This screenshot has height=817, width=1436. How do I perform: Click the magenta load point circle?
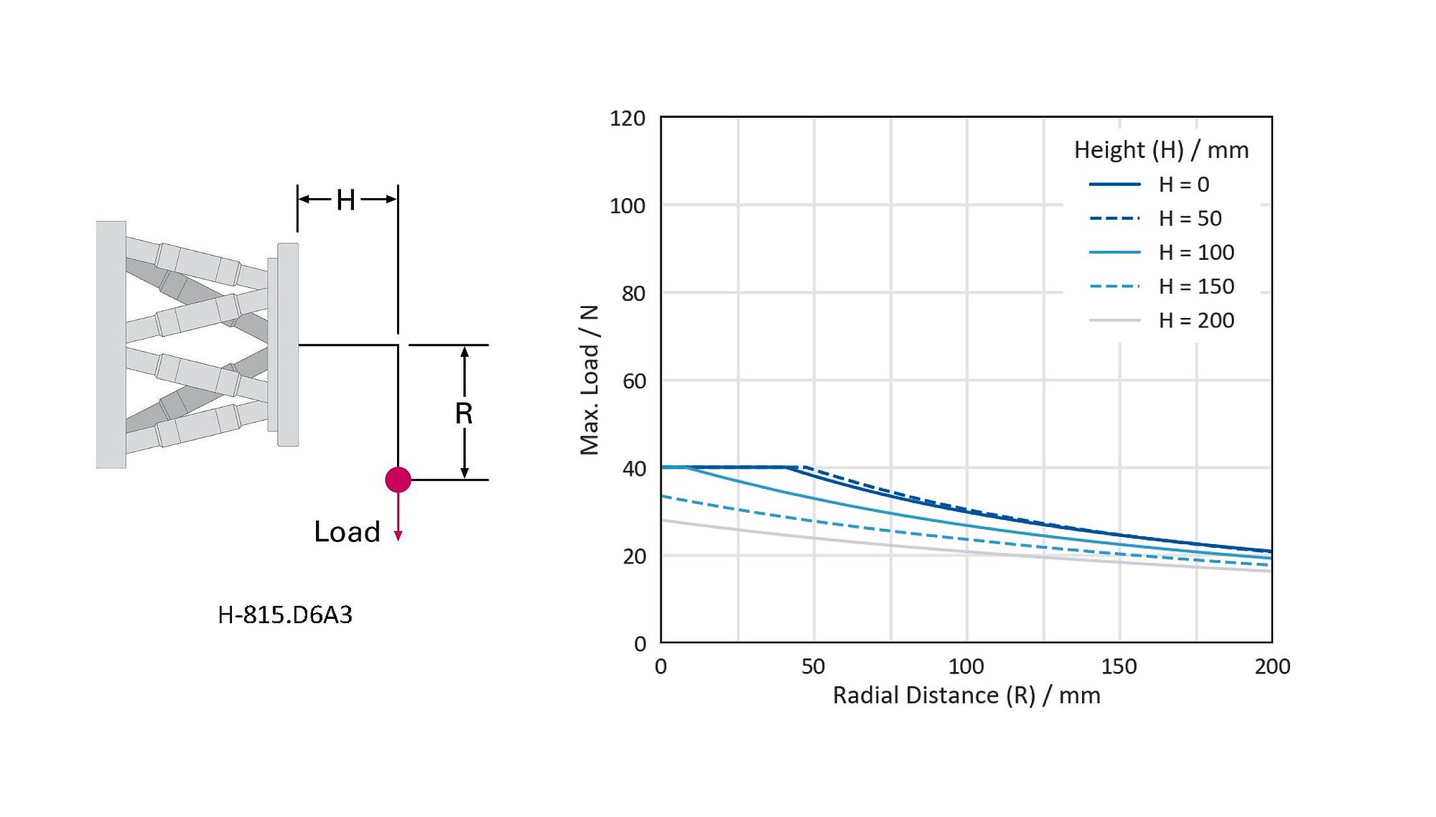click(398, 480)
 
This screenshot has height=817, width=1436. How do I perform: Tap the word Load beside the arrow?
click(347, 532)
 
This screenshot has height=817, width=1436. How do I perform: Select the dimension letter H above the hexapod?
click(346, 200)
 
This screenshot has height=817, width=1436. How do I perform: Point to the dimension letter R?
click(464, 414)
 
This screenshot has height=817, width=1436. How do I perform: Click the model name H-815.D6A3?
click(285, 615)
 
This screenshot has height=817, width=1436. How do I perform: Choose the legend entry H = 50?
click(1190, 218)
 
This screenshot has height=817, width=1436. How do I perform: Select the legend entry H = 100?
click(1196, 253)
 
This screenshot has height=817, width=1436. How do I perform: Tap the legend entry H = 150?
click(1196, 286)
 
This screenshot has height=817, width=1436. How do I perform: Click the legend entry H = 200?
click(1196, 320)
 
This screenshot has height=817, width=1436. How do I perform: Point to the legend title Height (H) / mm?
click(1161, 150)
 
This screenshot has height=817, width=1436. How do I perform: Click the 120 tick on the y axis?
click(628, 118)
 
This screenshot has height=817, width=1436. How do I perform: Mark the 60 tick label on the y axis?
click(634, 381)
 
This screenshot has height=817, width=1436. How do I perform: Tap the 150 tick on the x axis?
click(1119, 666)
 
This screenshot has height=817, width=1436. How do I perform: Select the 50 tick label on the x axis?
click(813, 666)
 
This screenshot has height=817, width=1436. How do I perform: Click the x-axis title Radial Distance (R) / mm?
click(966, 695)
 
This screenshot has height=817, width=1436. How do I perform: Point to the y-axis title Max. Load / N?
click(589, 380)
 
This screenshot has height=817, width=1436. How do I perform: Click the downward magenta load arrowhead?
click(398, 536)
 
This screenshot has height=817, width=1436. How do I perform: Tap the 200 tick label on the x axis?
click(1272, 666)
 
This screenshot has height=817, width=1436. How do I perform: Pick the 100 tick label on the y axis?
click(628, 206)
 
